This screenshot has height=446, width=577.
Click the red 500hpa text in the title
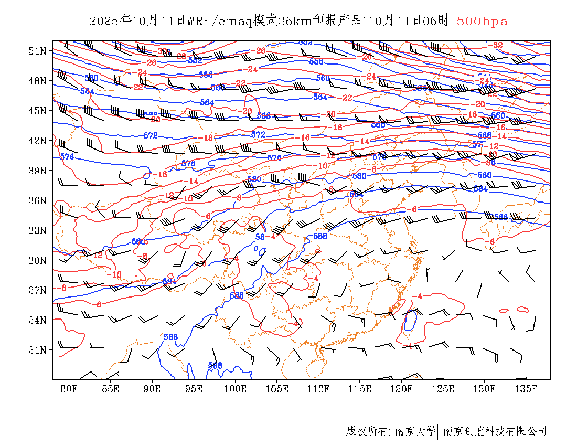click(x=482, y=21)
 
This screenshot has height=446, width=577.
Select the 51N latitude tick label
click(x=37, y=51)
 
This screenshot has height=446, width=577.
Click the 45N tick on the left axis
click(x=37, y=111)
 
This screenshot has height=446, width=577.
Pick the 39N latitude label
click(x=37, y=171)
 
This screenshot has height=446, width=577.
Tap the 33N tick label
click(x=37, y=230)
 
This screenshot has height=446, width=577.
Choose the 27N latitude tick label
click(x=37, y=290)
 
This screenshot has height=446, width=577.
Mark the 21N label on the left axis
click(x=37, y=349)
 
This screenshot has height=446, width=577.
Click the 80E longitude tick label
click(x=69, y=389)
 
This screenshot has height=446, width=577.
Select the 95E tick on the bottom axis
click(x=194, y=389)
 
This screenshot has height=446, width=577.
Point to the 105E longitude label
click(x=277, y=389)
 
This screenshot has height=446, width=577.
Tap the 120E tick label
click(x=402, y=389)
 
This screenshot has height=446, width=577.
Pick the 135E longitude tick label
click(x=526, y=389)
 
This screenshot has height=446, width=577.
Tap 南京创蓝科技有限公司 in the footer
click(x=495, y=431)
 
